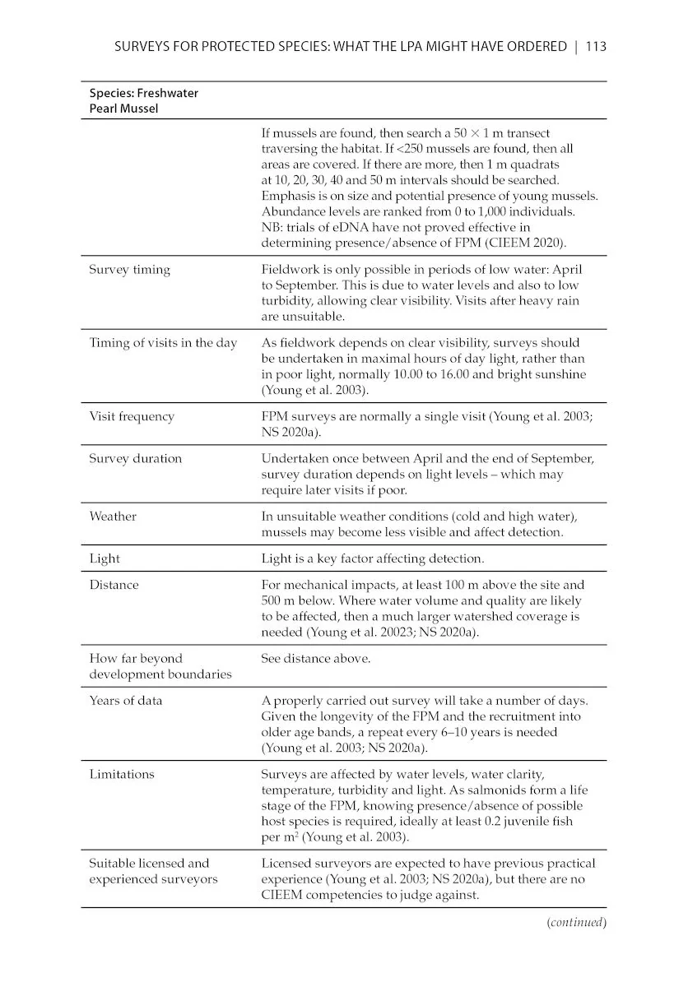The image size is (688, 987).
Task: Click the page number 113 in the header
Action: (595, 47)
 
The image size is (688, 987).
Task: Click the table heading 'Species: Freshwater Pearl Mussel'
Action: (143, 100)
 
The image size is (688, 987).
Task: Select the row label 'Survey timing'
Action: (129, 270)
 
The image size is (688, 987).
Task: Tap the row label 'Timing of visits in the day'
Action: (163, 343)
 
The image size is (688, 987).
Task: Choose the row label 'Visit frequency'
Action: (132, 416)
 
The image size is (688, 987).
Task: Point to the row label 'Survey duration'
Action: (136, 458)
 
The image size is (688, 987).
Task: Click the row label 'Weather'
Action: (113, 517)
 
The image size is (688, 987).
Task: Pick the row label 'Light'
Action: (105, 558)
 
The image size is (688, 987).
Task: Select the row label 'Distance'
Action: (114, 585)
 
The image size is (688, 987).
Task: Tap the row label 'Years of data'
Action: (125, 701)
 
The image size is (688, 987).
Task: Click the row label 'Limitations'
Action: (121, 774)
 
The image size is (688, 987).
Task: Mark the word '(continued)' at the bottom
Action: (576, 922)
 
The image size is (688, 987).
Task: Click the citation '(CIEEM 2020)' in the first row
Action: (524, 243)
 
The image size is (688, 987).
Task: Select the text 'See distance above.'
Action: (315, 658)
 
